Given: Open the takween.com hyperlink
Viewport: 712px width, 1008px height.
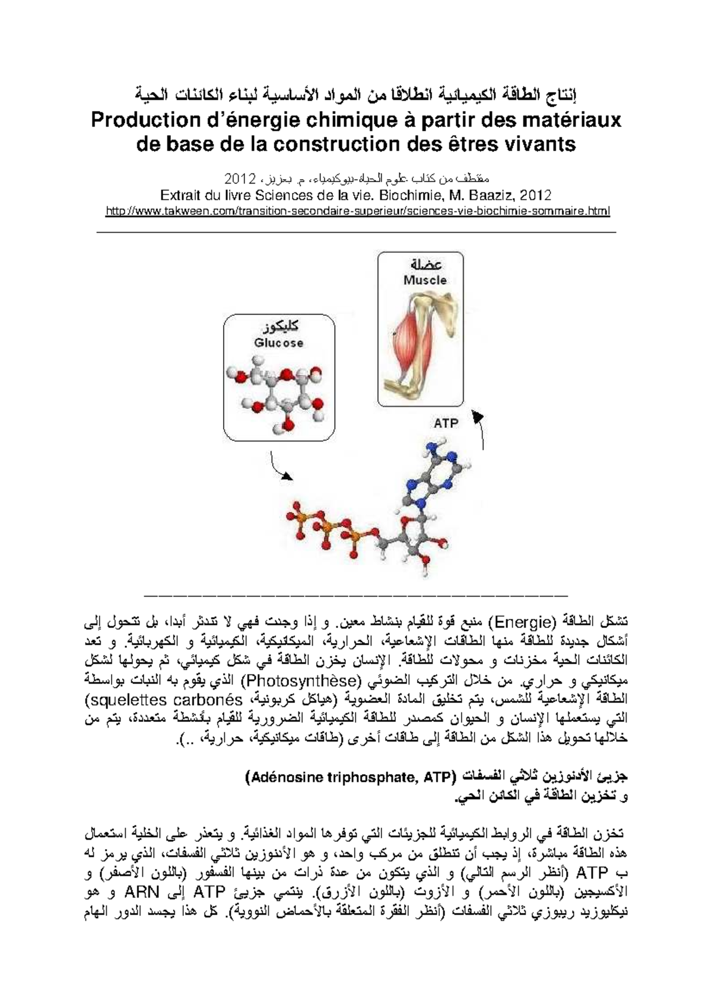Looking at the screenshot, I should (357, 211).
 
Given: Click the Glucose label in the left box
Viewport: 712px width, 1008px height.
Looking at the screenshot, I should (278, 343).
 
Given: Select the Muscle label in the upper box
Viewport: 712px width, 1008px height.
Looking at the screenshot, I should (425, 280).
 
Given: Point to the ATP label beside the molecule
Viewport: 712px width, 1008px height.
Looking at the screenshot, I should (446, 423).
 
